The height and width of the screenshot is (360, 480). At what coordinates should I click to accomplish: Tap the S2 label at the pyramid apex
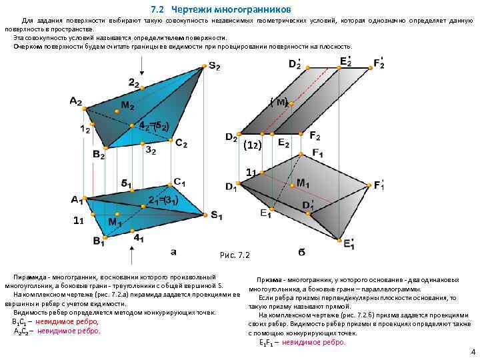click(x=215, y=66)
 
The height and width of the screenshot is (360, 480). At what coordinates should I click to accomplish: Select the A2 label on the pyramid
click(x=75, y=101)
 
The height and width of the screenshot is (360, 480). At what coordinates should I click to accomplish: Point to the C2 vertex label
click(x=181, y=143)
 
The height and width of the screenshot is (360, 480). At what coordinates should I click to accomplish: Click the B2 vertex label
click(x=99, y=155)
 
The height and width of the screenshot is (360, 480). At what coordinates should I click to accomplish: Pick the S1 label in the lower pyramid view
click(x=217, y=215)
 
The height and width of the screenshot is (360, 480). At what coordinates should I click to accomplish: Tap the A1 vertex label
click(x=77, y=199)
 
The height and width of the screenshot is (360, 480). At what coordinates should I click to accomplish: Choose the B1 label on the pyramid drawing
click(x=99, y=241)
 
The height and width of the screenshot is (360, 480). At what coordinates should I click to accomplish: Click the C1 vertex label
click(x=179, y=181)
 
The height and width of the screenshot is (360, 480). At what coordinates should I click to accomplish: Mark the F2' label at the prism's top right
click(x=379, y=64)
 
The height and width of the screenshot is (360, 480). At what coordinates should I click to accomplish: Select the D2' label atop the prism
click(x=295, y=64)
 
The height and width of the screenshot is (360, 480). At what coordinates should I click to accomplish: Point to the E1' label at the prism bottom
click(x=349, y=245)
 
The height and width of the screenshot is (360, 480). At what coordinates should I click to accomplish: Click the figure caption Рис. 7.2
click(x=234, y=255)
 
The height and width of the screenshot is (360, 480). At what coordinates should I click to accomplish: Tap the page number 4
click(x=472, y=351)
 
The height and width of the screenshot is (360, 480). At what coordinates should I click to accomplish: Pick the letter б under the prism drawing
click(x=301, y=253)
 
